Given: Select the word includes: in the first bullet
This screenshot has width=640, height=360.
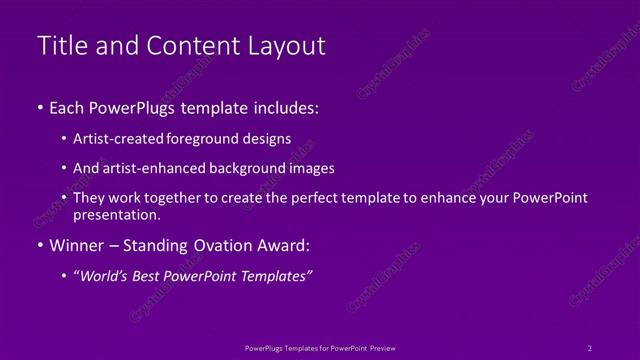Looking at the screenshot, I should tap(283, 107).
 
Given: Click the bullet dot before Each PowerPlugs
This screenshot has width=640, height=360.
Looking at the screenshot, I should tap(39, 107).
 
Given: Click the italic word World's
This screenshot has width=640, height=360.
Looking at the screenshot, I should tap(107, 277).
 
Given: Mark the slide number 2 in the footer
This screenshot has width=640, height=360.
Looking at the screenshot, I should tap(590, 348).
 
